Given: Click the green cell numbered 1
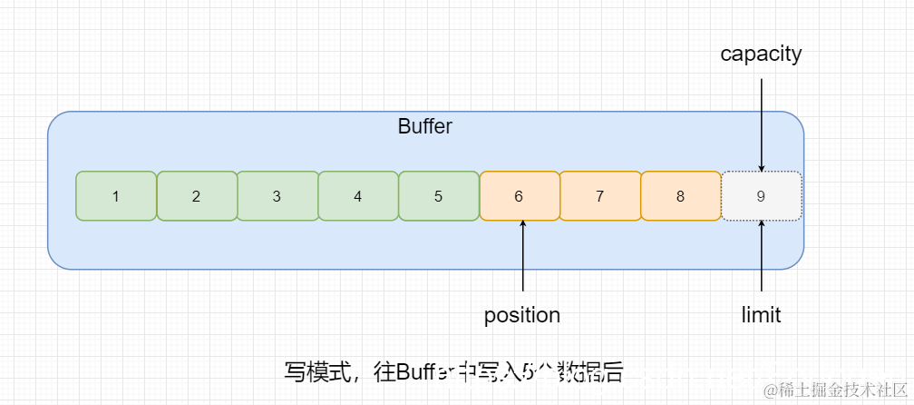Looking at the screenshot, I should click(116, 195).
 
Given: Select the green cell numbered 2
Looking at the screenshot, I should click(197, 195).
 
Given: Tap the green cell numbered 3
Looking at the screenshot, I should click(277, 195).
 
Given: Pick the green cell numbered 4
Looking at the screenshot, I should click(358, 195).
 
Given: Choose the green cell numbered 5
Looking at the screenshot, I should click(439, 195).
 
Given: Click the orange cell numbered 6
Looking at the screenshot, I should click(520, 195).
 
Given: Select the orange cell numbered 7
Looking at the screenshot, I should click(600, 195).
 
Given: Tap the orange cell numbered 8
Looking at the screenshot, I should click(681, 195).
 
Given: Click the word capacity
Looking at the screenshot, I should click(761, 54).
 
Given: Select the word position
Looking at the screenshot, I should click(522, 315).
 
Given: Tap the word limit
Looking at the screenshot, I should click(761, 315).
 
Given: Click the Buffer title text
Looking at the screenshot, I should click(424, 126).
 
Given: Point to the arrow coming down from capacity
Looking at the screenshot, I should click(762, 123).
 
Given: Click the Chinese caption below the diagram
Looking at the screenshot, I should click(453, 371).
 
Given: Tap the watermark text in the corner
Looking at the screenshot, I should click(835, 390).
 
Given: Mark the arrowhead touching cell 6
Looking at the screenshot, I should click(523, 225).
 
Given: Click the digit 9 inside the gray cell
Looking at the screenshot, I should click(762, 196).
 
